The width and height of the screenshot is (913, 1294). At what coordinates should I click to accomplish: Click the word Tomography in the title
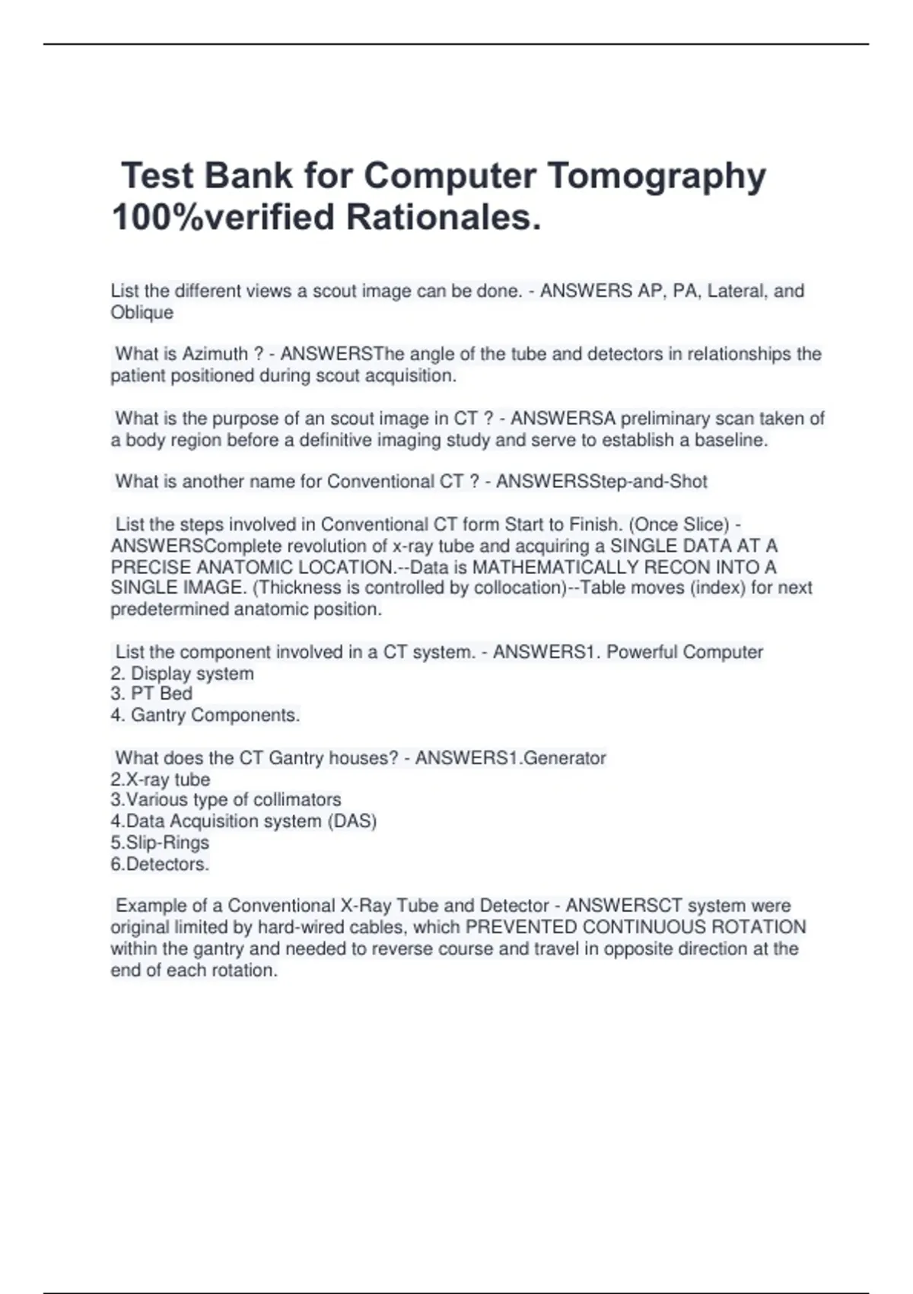point(657,177)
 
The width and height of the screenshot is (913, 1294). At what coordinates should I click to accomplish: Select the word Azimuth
point(215,354)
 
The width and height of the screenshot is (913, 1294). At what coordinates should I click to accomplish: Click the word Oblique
point(142,313)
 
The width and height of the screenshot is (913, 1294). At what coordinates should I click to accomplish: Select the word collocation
point(515,588)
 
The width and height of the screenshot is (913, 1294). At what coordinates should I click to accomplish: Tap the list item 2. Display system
point(183,674)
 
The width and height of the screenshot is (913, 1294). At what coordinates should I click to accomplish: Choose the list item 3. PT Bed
point(151,694)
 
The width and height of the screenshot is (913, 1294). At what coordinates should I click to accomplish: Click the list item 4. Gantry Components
point(205,716)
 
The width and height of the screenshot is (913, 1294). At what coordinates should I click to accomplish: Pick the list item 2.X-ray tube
point(161,779)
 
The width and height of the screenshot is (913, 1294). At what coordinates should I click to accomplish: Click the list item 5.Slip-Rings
point(160,843)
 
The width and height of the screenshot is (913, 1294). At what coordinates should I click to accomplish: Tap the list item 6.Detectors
point(160,865)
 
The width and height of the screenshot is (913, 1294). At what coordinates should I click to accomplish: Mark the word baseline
point(731,440)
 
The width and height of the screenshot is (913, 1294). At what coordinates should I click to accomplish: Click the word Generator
point(565,758)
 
